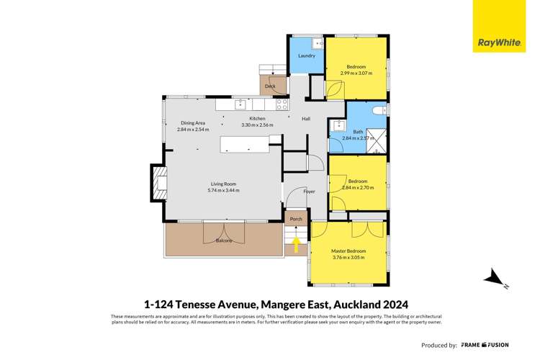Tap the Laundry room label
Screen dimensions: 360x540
point(307,55)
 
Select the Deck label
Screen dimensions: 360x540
point(270,86)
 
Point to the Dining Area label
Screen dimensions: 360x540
point(193,123)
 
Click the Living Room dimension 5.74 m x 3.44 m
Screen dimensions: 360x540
point(223,191)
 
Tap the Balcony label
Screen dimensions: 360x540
point(224,240)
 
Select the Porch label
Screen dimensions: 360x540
point(295,219)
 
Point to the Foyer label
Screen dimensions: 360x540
point(309,192)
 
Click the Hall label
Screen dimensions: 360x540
point(306,119)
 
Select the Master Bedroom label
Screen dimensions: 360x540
point(348,251)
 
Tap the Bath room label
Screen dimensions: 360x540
point(358,131)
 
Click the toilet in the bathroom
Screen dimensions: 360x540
point(378,111)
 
